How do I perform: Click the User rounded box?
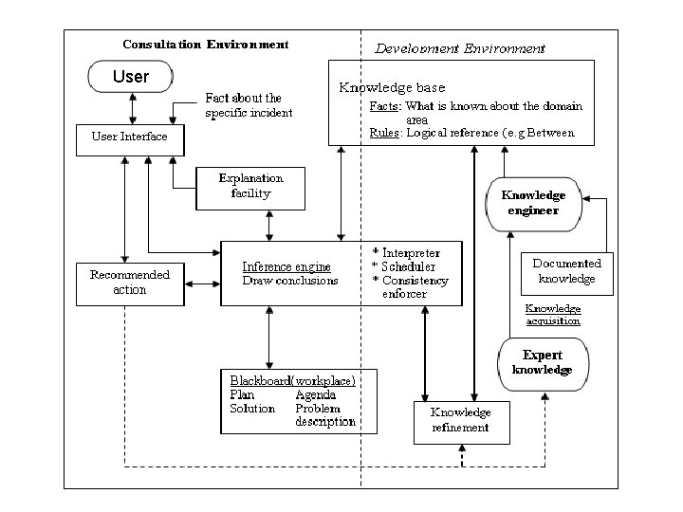point(131,77)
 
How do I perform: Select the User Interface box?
point(130,140)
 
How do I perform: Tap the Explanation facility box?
point(250,189)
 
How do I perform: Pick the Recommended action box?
point(130,284)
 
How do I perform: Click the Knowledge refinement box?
point(462,423)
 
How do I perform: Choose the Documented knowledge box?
point(567,274)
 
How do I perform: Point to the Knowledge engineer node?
point(534,204)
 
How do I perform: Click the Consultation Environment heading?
point(206,45)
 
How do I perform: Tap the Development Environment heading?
point(460,48)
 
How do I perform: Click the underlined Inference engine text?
point(286,266)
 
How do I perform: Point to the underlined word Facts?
point(384,106)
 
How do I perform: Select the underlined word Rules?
point(384,133)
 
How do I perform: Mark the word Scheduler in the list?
point(409,266)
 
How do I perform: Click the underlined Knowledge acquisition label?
point(553,315)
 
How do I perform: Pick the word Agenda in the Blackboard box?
point(316,394)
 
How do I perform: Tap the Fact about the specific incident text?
point(249,105)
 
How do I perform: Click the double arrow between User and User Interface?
point(133,108)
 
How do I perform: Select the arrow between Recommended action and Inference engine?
point(203,284)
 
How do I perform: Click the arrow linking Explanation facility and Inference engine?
point(269,226)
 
